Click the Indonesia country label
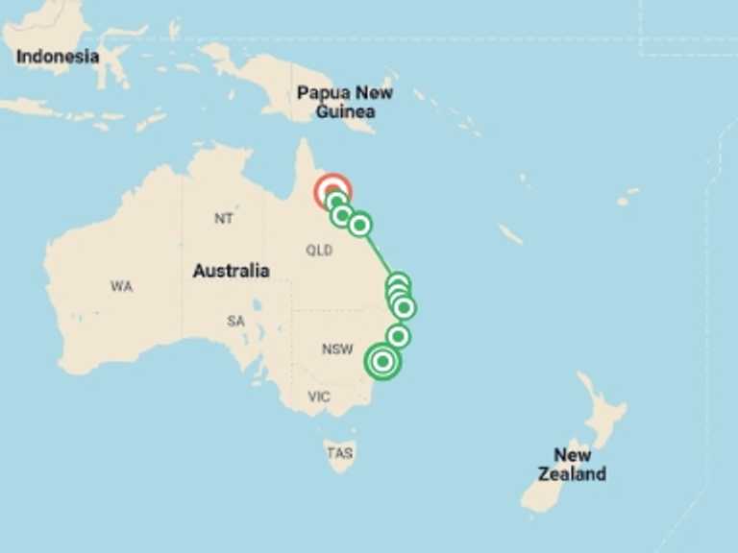(58, 57)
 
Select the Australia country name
(231, 271)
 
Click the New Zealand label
(572, 464)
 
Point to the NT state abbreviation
(224, 219)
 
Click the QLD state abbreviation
(319, 251)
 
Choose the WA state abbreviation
(121, 286)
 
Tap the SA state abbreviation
(235, 322)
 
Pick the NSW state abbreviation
(337, 349)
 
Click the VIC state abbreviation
(319, 397)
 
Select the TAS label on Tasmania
(339, 453)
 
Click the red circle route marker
(332, 190)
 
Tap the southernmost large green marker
(382, 362)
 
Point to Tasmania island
(339, 455)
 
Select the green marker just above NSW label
(398, 336)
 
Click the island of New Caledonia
(511, 234)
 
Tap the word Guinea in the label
(345, 112)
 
